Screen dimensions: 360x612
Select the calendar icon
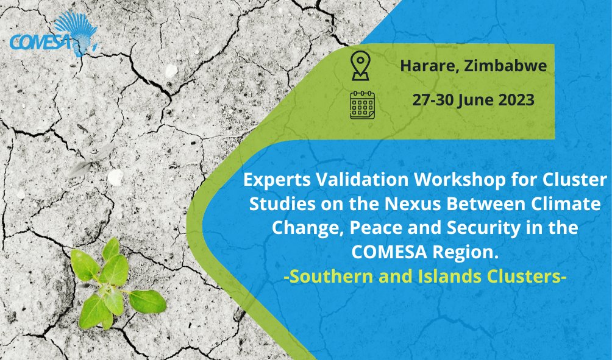(362, 104)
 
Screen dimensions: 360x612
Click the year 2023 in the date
(514, 100)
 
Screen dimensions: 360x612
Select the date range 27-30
(433, 100)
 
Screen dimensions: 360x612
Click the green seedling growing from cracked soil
(113, 283)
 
